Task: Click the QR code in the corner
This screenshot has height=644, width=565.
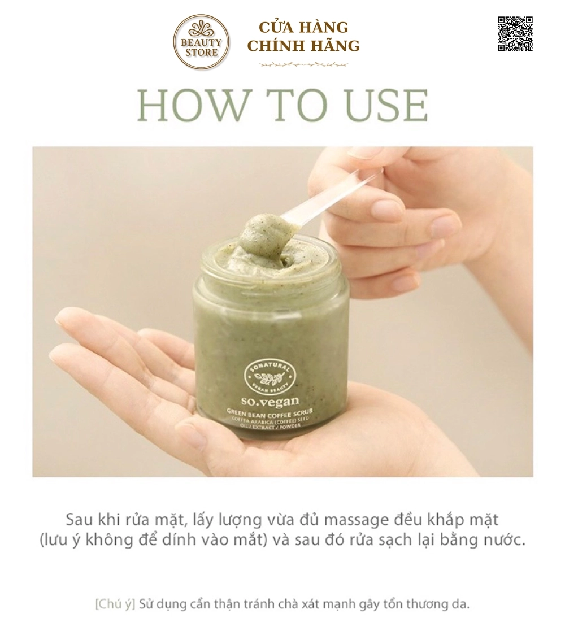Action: [515, 34]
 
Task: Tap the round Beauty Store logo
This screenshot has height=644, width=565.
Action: [201, 43]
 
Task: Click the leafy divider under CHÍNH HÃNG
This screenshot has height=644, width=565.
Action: [303, 64]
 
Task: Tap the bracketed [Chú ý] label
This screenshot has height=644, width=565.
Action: [115, 604]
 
